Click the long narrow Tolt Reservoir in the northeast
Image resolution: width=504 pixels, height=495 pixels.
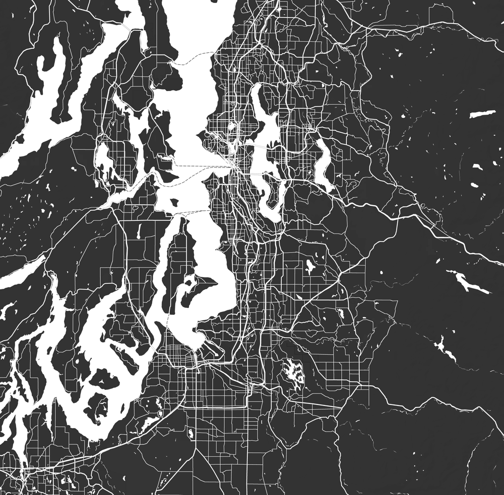coord(482,114)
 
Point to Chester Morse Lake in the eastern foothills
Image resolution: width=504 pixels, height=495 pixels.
coord(466,281)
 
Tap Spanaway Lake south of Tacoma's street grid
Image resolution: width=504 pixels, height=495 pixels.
coord(190,433)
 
